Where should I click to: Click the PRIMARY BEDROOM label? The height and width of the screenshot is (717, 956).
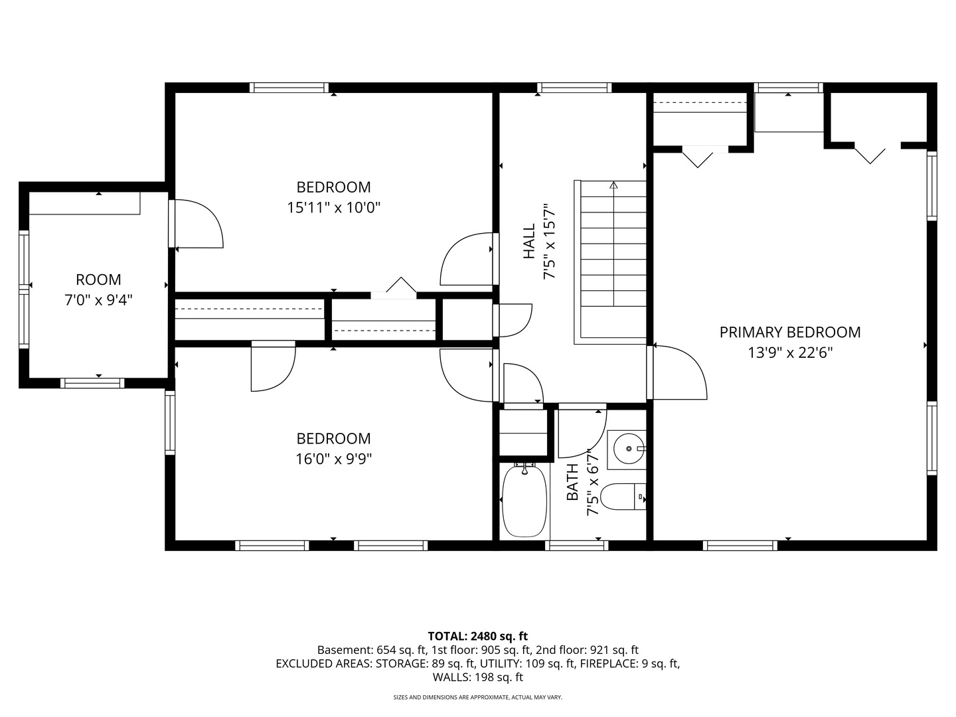[789, 332]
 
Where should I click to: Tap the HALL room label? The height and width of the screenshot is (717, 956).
[528, 241]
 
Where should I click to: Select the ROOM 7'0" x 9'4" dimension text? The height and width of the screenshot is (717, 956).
[98, 300]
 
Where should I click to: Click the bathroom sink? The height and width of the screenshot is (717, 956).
[629, 448]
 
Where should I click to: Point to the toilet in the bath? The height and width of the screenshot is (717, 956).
[623, 497]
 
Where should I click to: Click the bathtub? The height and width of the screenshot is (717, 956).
[524, 502]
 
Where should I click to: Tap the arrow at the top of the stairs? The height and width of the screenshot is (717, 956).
[613, 185]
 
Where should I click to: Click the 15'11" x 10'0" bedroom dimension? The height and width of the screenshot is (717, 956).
[334, 207]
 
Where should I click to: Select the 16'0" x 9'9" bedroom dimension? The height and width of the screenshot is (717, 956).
[334, 458]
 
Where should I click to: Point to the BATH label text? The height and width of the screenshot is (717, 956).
[572, 482]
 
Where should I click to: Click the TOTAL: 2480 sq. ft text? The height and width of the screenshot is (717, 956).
[478, 636]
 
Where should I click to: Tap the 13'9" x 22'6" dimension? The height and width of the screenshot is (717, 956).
[790, 352]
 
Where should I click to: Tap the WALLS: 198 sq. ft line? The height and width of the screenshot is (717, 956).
[478, 677]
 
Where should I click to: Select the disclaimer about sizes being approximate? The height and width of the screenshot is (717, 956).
[478, 697]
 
